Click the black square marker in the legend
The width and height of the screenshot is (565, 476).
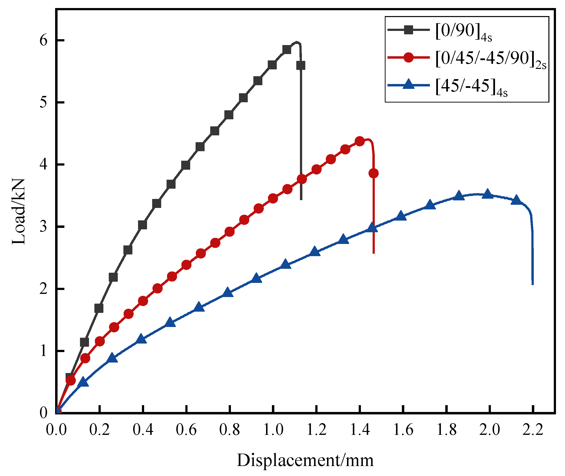tap(408, 30)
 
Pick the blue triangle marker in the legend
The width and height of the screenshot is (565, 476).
tap(408, 84)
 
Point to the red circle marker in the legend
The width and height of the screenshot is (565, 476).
tap(408, 57)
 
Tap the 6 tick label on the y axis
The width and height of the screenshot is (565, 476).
tap(43, 40)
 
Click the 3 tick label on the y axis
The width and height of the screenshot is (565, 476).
tap(43, 227)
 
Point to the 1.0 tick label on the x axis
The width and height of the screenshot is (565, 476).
tap(273, 429)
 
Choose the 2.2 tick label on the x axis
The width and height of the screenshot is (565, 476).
tap(533, 429)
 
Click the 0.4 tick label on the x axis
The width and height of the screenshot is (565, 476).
tap(143, 429)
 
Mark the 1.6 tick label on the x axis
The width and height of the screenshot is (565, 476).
tap(403, 429)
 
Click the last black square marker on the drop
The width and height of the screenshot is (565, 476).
tap(301, 65)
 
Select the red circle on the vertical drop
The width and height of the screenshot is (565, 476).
tap(373, 173)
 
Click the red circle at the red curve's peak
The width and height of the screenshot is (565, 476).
tap(360, 141)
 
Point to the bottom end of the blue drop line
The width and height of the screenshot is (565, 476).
tap(533, 284)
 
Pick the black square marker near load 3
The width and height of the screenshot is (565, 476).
tap(142, 225)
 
